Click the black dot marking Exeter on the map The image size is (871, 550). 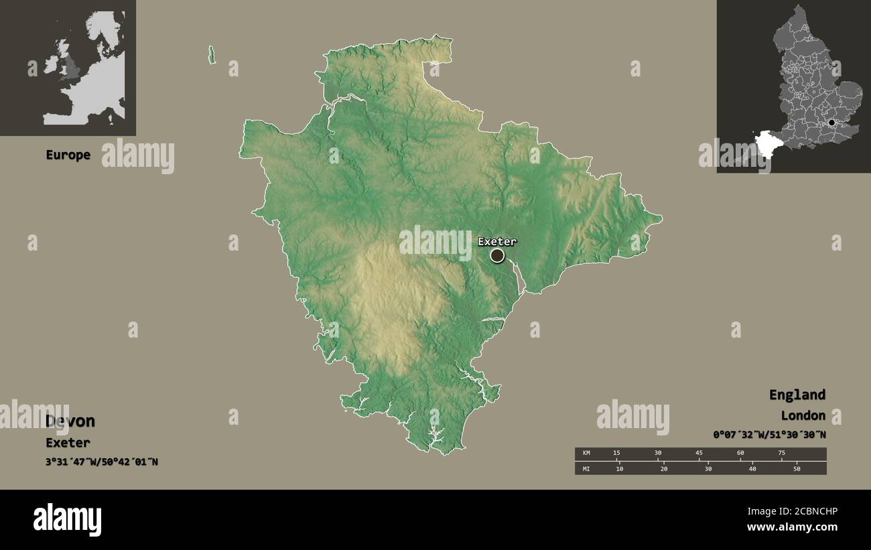[497, 255]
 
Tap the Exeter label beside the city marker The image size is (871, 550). [497, 241]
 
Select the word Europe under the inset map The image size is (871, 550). [68, 155]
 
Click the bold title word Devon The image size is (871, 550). [70, 421]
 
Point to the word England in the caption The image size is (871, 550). [797, 395]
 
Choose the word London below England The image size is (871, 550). [803, 415]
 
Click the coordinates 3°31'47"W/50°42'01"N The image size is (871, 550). [102, 462]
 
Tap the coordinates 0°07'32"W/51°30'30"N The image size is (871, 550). [769, 435]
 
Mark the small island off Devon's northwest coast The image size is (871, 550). [212, 55]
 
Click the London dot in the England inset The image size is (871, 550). [831, 123]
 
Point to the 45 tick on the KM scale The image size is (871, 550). [699, 454]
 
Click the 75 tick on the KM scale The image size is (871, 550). [781, 454]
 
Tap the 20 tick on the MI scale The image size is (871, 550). [664, 468]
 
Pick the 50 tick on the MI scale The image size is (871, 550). [797, 468]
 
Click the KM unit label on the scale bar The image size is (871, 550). [587, 454]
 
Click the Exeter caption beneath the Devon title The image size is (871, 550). [68, 443]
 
